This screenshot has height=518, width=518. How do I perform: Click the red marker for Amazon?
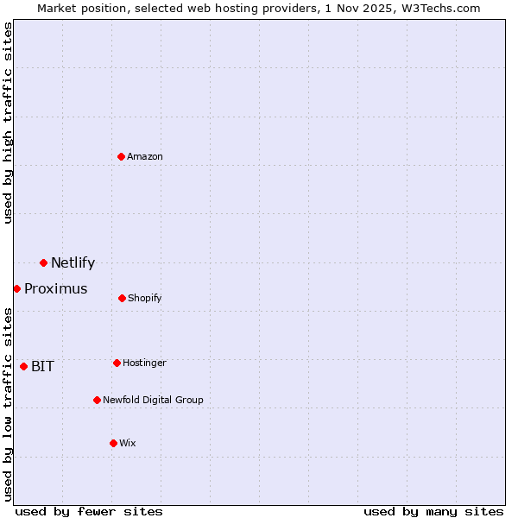[122, 156]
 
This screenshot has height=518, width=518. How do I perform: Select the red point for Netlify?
[43, 262]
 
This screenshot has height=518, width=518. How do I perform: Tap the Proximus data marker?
[16, 288]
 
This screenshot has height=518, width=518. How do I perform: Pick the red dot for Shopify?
[122, 298]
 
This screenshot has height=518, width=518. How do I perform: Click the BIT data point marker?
[23, 366]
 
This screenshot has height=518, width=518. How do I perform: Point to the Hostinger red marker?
[117, 363]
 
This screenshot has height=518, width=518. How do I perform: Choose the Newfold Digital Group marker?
[97, 400]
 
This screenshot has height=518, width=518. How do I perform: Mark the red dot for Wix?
[113, 443]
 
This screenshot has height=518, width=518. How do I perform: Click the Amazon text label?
[145, 156]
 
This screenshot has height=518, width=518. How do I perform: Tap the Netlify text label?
[73, 263]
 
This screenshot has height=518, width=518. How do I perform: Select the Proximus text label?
[55, 289]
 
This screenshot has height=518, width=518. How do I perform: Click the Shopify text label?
[144, 298]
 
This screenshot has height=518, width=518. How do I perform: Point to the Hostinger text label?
[144, 363]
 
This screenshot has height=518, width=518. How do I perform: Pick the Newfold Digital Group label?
[153, 400]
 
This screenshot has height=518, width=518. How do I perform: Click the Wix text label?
[128, 443]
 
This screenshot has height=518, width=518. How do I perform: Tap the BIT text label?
[42, 367]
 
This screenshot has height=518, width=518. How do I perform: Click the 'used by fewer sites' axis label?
[89, 511]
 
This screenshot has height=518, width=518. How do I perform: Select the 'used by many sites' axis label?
[433, 511]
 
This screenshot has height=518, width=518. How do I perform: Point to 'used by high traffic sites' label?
[8, 123]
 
